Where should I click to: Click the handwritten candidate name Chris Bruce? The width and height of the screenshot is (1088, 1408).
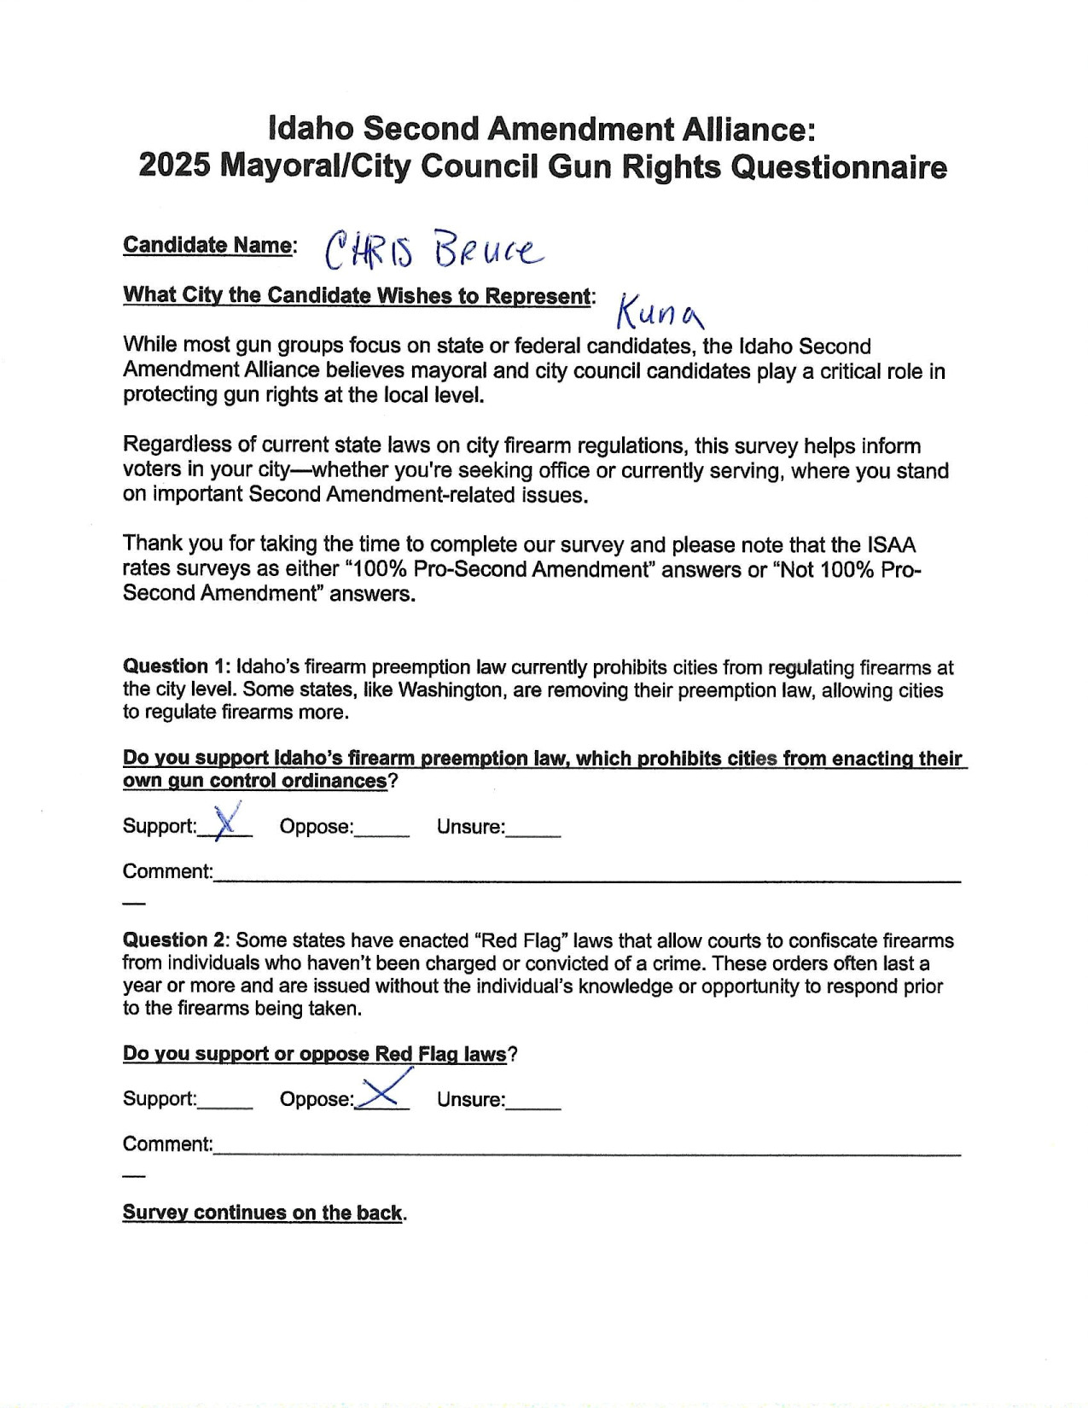pyautogui.click(x=433, y=248)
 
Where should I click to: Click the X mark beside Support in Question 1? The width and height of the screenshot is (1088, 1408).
pyautogui.click(x=225, y=823)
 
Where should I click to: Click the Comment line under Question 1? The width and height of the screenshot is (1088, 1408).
pyautogui.click(x=587, y=876)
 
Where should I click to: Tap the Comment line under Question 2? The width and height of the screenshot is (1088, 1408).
pyautogui.click(x=587, y=1149)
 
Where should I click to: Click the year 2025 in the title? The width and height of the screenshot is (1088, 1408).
pyautogui.click(x=174, y=166)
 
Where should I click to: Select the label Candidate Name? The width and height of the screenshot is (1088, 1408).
pyautogui.click(x=207, y=245)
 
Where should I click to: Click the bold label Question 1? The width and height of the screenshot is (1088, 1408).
pyautogui.click(x=176, y=666)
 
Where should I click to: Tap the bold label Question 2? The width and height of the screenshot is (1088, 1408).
pyautogui.click(x=176, y=940)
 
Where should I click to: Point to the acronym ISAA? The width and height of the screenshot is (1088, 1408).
pyautogui.click(x=891, y=544)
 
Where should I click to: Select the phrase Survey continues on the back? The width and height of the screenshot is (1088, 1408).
pyautogui.click(x=262, y=1213)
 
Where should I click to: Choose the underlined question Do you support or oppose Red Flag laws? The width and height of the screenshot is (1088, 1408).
pyautogui.click(x=315, y=1054)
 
